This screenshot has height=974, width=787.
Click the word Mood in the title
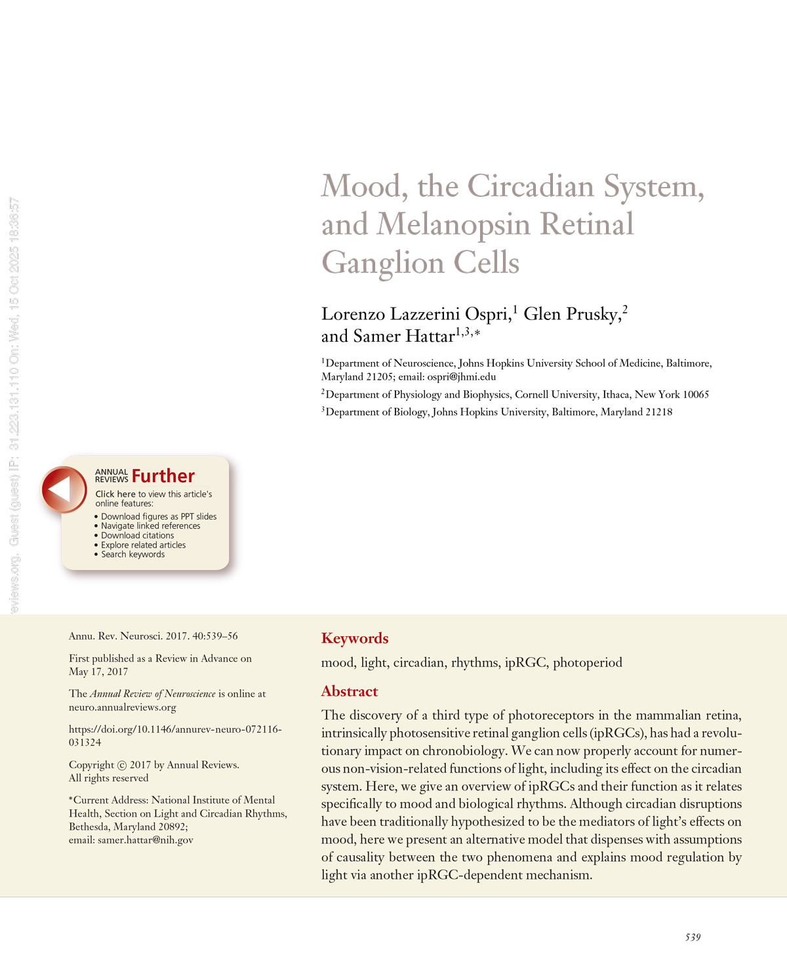pyautogui.click(x=360, y=186)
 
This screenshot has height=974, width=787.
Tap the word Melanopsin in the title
pyautogui.click(x=453, y=224)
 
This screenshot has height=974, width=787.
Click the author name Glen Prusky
pyautogui.click(x=571, y=314)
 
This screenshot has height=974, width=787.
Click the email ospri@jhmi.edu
pyautogui.click(x=461, y=377)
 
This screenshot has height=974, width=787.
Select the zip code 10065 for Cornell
pyautogui.click(x=696, y=395)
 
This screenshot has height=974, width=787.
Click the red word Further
pyautogui.click(x=163, y=476)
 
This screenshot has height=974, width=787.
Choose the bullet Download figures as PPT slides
pyautogui.click(x=159, y=517)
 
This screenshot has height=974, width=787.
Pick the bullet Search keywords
pyautogui.click(x=132, y=554)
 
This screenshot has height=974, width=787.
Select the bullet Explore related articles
pyautogui.click(x=143, y=545)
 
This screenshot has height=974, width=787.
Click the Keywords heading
pyautogui.click(x=355, y=638)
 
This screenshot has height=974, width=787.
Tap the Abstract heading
pyautogui.click(x=350, y=691)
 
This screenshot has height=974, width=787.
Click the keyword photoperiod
pyautogui.click(x=587, y=662)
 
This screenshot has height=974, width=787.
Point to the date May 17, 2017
pyautogui.click(x=98, y=672)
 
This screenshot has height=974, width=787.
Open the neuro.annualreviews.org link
pyautogui.click(x=123, y=707)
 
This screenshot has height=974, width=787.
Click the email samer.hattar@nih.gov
pyautogui.click(x=146, y=840)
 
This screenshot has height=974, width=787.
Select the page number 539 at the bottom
pyautogui.click(x=693, y=937)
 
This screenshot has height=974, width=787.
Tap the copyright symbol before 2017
pyautogui.click(x=121, y=765)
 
